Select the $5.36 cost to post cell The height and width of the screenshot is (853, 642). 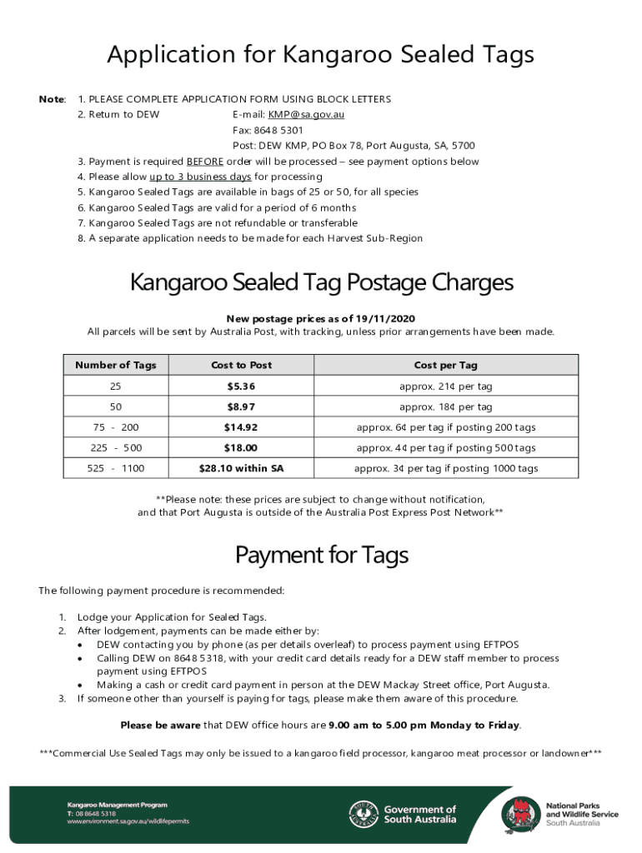click(x=241, y=387)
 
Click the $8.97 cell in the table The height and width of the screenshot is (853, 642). click(x=241, y=407)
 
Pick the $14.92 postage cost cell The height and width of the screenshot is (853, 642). click(x=241, y=427)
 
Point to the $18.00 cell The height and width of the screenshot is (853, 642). click(x=241, y=448)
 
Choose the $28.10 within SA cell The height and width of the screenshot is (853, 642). click(x=241, y=468)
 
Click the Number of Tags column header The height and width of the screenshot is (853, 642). click(x=115, y=366)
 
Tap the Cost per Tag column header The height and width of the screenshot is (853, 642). click(x=445, y=366)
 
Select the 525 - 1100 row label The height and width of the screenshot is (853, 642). click(x=115, y=468)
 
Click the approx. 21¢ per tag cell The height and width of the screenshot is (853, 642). click(x=445, y=387)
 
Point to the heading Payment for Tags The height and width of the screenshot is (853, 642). click(x=321, y=555)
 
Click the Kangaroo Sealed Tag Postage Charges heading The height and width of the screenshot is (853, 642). click(x=321, y=283)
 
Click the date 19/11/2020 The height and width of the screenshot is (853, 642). click(x=383, y=319)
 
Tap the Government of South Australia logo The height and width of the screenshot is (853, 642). click(x=403, y=814)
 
